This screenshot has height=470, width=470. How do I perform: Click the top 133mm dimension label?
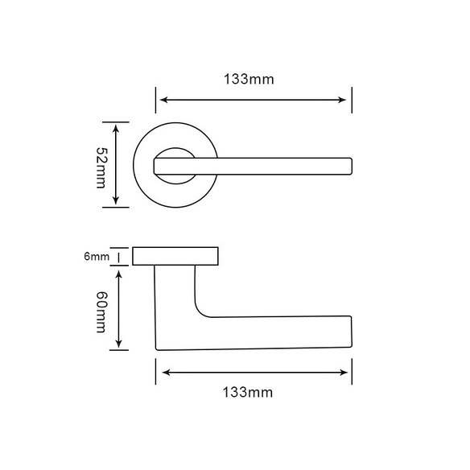point(249,80)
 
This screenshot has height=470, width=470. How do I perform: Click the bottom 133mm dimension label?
point(248,393)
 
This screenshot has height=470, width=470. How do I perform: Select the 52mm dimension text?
point(101,167)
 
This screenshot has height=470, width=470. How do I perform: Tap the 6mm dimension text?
point(97,257)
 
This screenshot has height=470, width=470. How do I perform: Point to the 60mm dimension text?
point(101,312)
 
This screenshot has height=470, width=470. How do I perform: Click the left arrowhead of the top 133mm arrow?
point(163,100)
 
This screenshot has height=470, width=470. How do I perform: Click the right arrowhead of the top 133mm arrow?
point(342,100)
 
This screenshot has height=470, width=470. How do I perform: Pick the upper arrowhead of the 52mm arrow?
point(116,128)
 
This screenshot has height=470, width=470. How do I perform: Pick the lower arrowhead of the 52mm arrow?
point(116,200)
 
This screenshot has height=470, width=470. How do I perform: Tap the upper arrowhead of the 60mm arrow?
point(119,274)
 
